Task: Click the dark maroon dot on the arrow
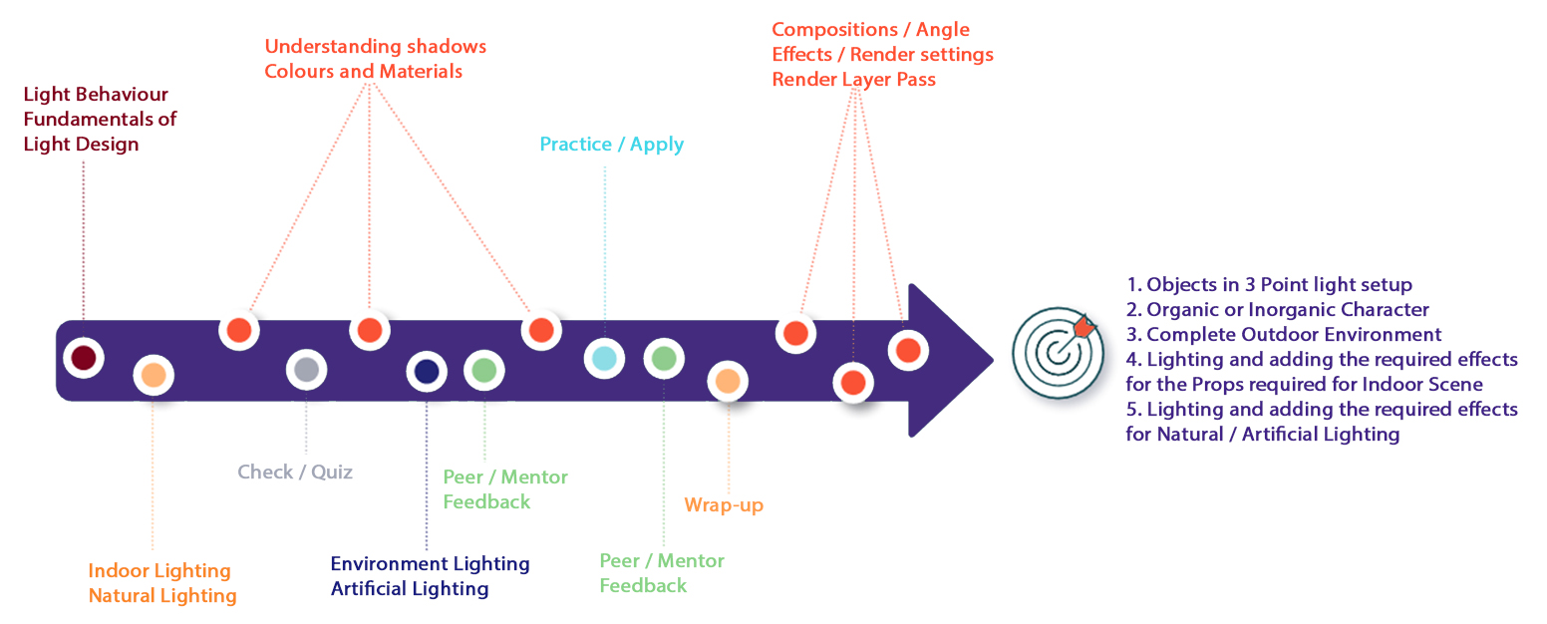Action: (84, 358)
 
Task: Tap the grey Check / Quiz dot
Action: (306, 370)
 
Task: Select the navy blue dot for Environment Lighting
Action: (427, 372)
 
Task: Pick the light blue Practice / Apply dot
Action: (604, 358)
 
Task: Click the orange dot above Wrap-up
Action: (728, 381)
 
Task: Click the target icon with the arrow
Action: (1059, 352)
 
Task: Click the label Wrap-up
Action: (724, 505)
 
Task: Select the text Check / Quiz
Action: (295, 471)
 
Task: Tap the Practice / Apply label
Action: (612, 145)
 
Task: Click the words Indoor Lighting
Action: (159, 571)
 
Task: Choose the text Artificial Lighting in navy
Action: (410, 589)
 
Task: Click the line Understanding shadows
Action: (376, 47)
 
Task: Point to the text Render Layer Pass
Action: (854, 80)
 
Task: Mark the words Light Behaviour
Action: (96, 95)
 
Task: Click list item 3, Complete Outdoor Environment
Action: (1284, 335)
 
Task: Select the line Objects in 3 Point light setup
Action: (1269, 284)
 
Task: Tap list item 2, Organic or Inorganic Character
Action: (1278, 310)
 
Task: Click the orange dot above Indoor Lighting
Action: (154, 375)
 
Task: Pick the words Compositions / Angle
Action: (871, 30)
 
